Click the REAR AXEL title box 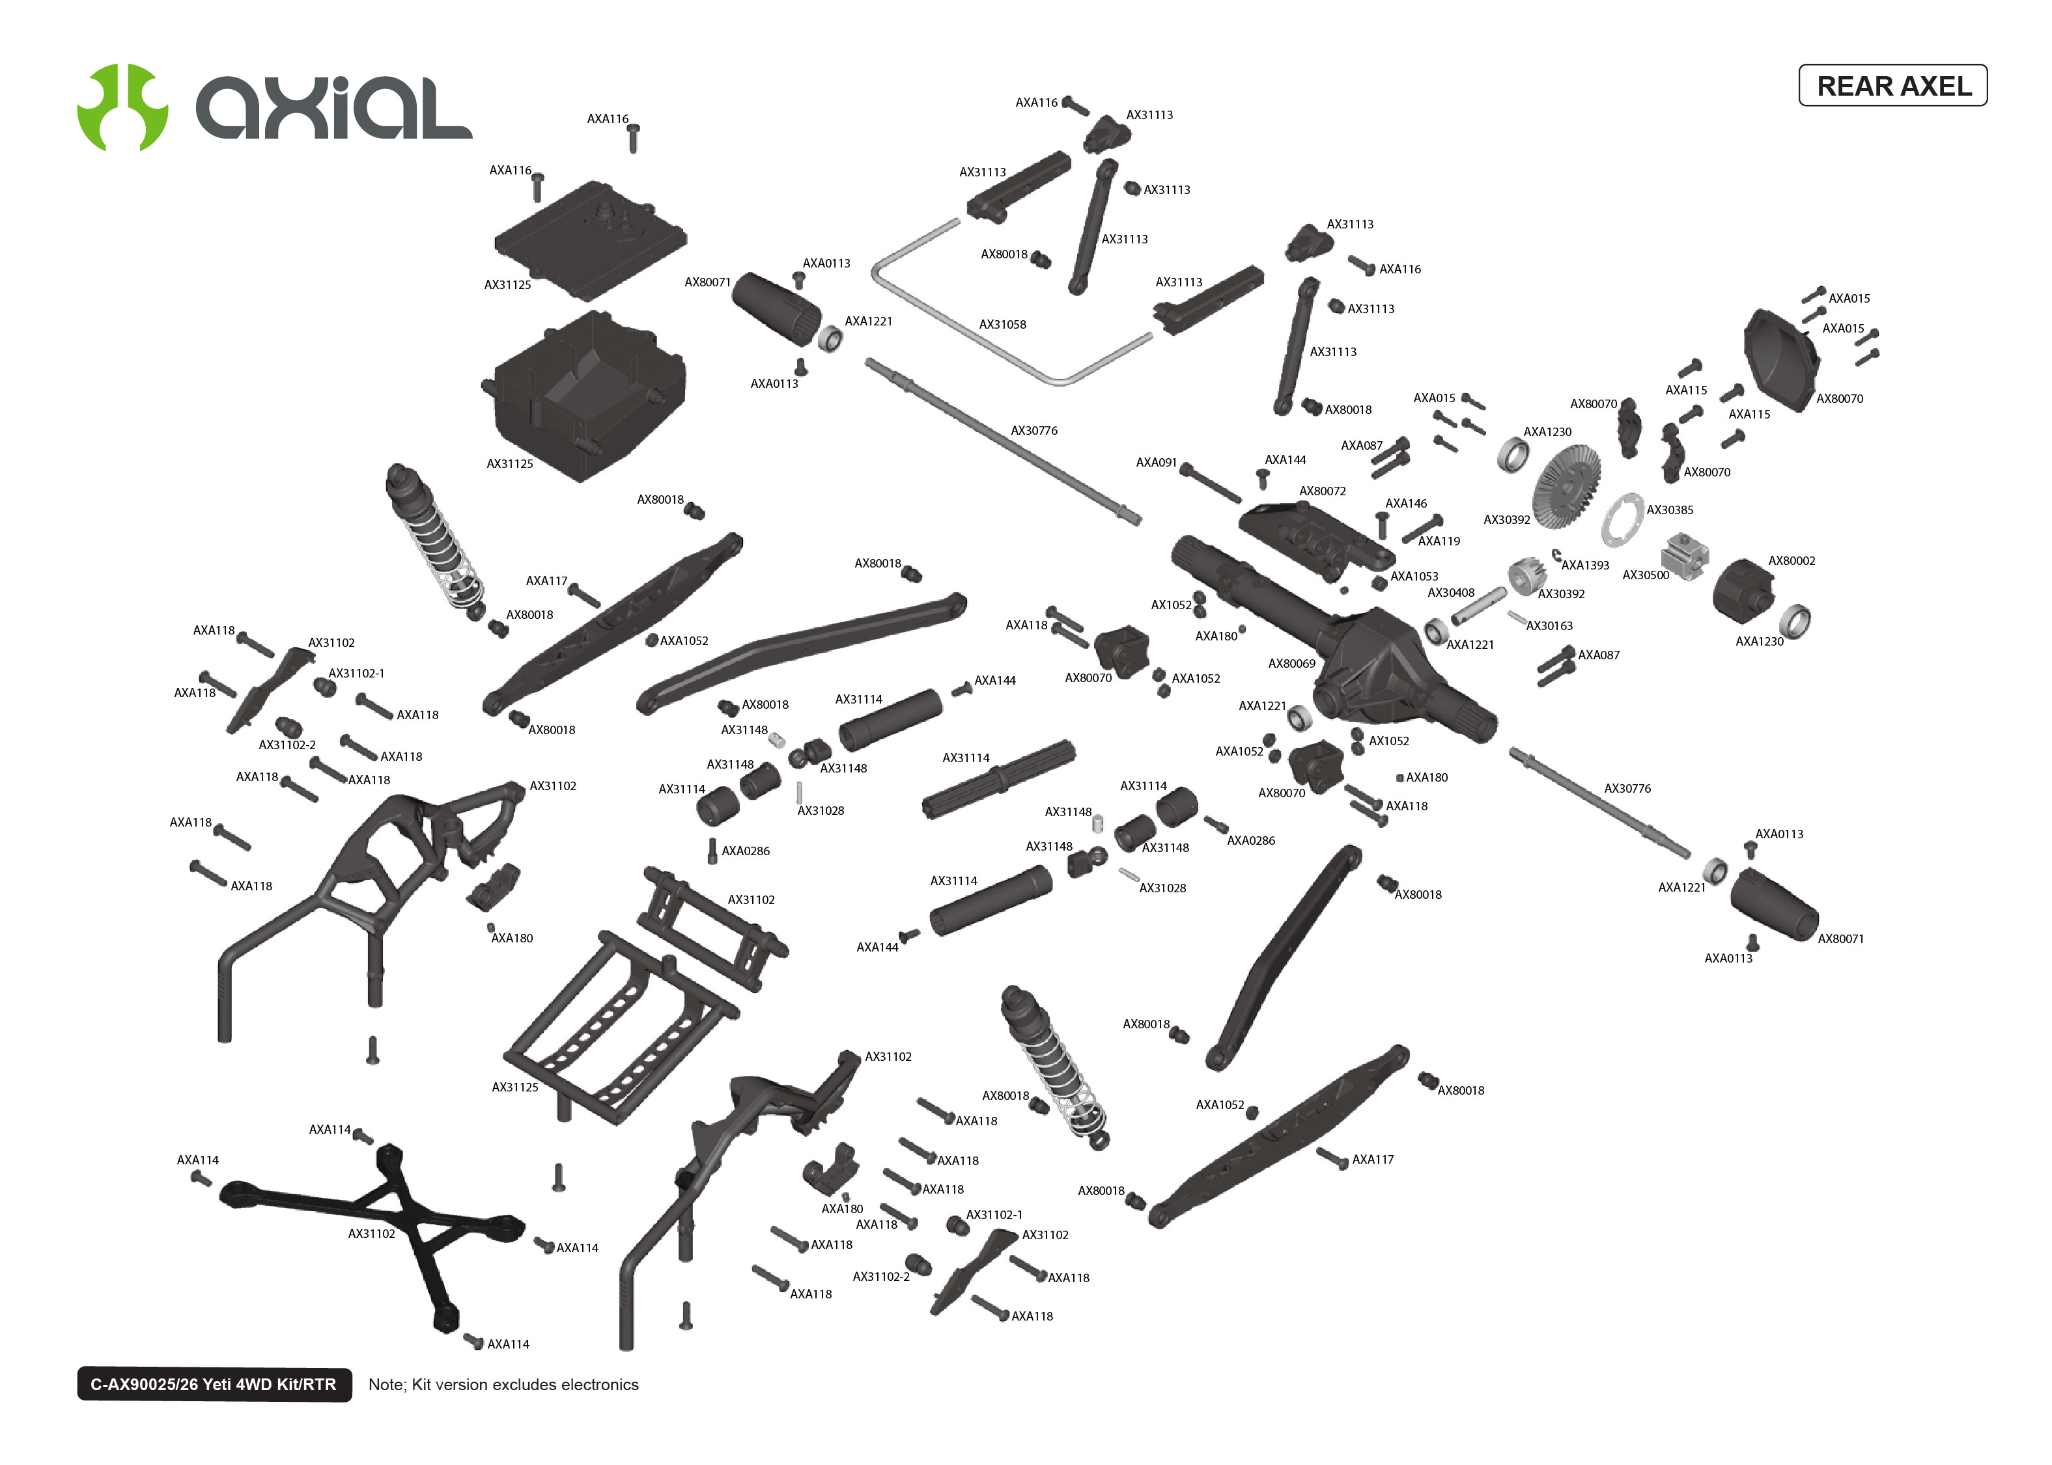(1892, 86)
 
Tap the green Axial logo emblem (122, 107)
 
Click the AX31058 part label (1002, 325)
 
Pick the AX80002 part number (1792, 561)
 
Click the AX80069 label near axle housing (1291, 664)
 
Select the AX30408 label (1450, 594)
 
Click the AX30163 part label (1549, 626)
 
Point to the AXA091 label (1156, 463)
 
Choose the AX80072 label (1322, 491)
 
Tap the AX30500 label (1645, 575)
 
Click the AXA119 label (1439, 541)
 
